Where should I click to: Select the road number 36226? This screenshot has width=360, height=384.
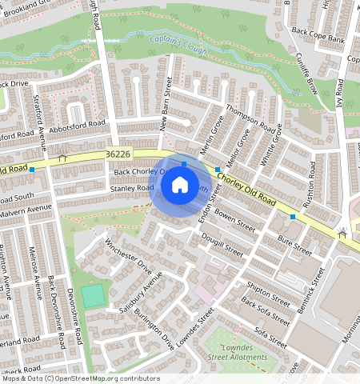tap(118, 153)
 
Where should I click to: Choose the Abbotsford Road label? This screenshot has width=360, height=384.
tap(77, 125)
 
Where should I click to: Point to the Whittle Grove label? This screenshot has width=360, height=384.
tap(272, 148)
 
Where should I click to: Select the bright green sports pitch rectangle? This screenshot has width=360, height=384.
tap(93, 295)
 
